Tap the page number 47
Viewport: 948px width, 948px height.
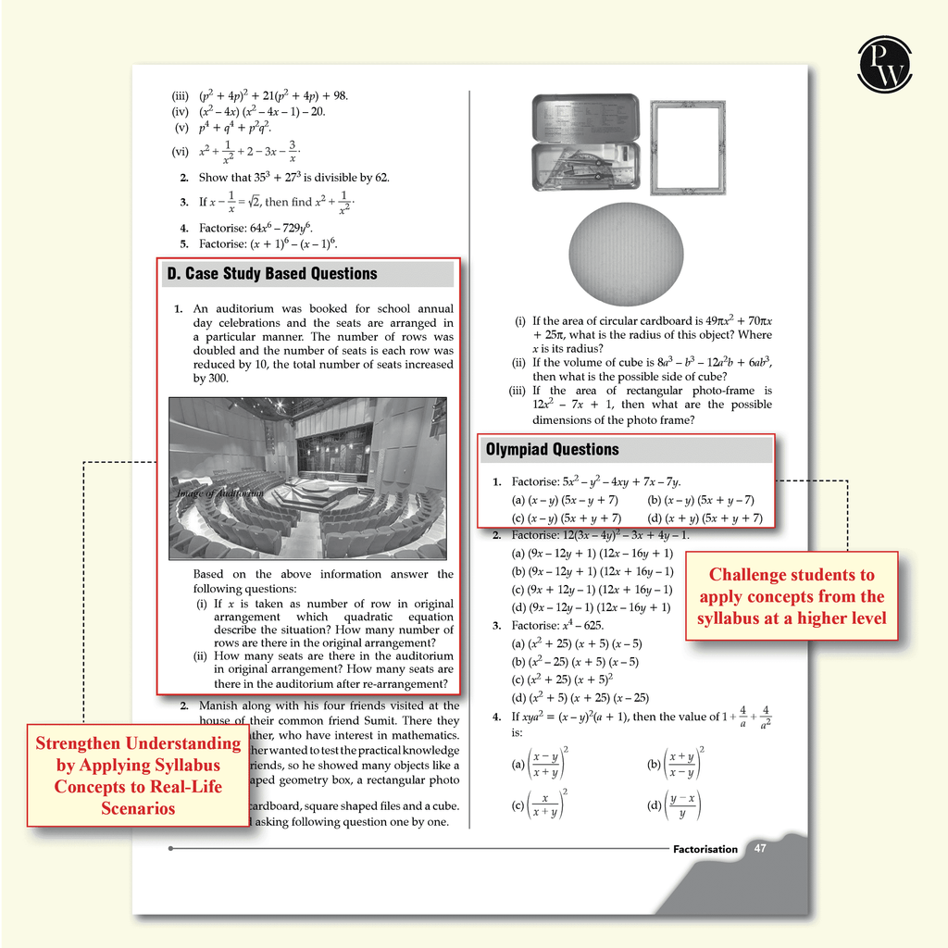coord(760,848)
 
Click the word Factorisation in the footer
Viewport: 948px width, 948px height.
coord(705,849)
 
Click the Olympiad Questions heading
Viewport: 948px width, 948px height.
coord(553,450)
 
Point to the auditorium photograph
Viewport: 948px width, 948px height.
coord(307,478)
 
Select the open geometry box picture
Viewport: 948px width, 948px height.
coord(585,142)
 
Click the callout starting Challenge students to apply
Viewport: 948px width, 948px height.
coord(792,596)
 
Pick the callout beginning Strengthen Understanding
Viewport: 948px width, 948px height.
coord(137,775)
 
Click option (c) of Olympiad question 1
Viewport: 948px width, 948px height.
coord(567,518)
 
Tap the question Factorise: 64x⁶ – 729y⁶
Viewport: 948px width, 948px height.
coord(256,228)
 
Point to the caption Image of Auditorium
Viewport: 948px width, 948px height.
coord(220,493)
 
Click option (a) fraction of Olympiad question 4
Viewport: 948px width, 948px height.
coord(542,764)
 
